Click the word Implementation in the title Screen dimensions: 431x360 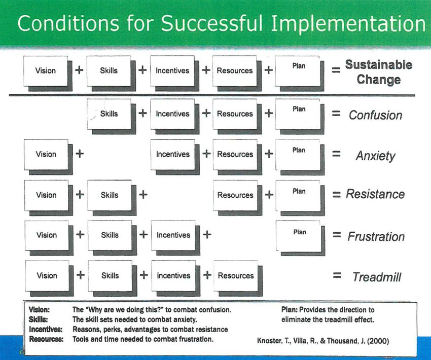coord(348,23)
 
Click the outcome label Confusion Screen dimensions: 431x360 coord(375,115)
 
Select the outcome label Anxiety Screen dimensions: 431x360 coord(376,156)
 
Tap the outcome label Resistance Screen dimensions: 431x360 coord(375,194)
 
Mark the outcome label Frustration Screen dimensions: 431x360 coord(376,237)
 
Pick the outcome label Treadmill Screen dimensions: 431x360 coord(377,277)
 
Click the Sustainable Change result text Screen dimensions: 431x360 coord(378,72)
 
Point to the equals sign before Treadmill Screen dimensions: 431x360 coord(337,275)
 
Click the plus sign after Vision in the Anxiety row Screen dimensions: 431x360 coord(80,153)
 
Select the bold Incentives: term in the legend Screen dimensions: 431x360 coord(46,329)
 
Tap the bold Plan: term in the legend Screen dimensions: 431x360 coord(290,310)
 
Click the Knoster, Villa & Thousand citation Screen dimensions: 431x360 coord(323,341)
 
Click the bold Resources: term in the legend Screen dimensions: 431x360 coord(46,339)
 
